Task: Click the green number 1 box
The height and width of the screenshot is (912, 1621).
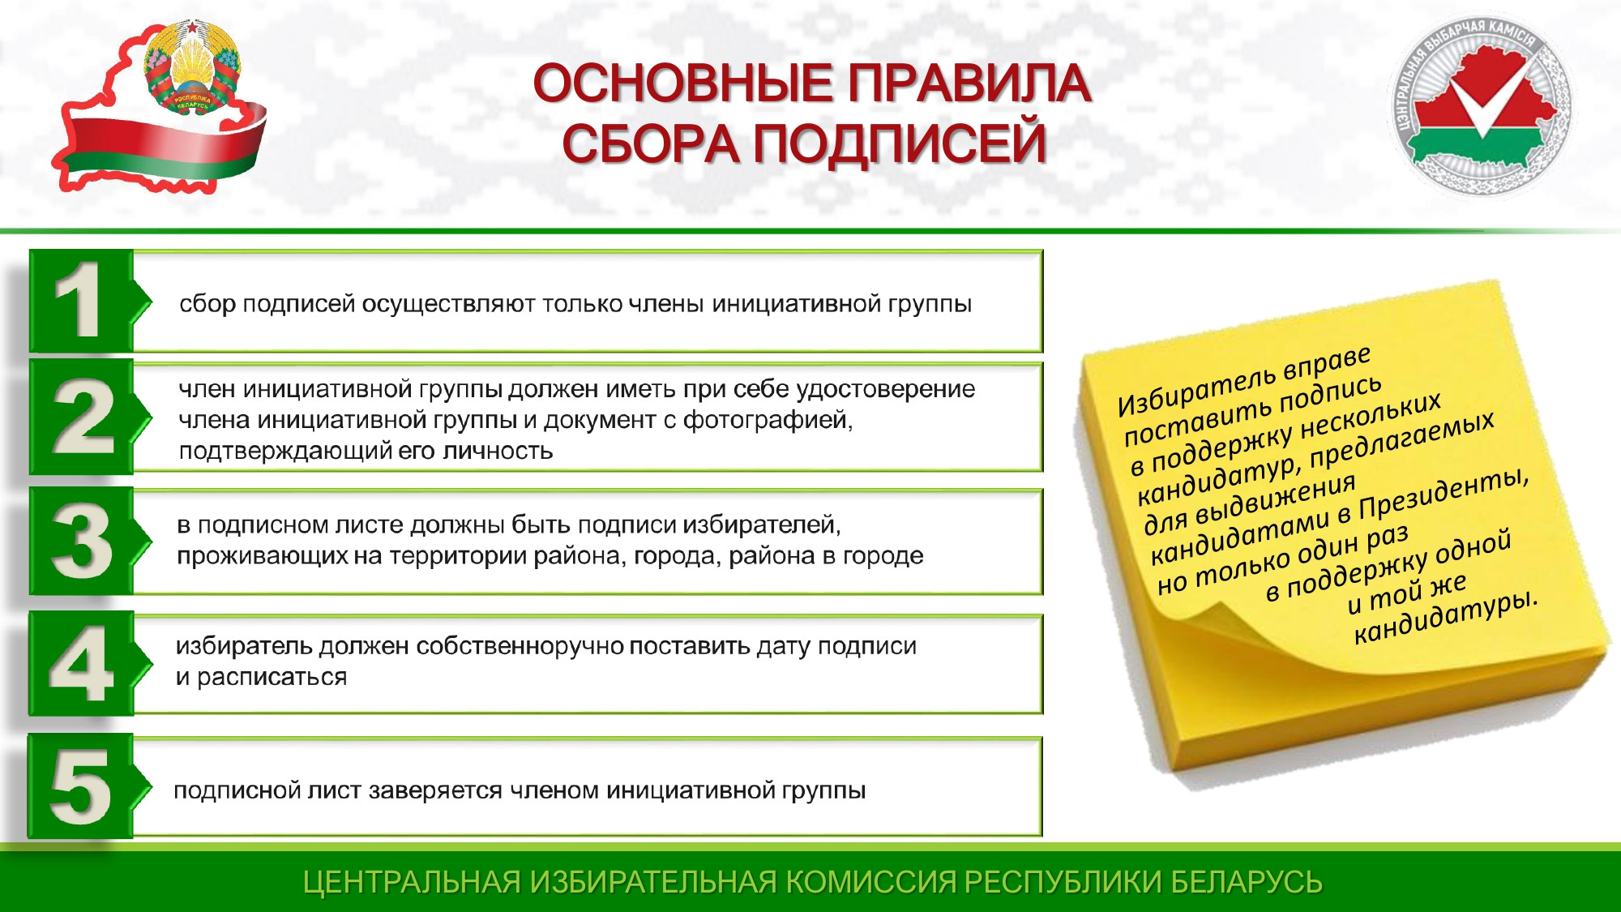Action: (82, 301)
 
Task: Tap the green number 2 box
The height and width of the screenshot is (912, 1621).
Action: (82, 417)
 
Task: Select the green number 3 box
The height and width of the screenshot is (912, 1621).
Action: (82, 541)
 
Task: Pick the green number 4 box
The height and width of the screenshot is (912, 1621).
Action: (82, 664)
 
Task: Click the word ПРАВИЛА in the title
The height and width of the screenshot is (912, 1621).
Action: (969, 83)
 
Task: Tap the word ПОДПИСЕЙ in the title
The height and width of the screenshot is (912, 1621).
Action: (900, 143)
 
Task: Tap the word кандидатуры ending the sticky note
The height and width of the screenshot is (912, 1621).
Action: (1445, 618)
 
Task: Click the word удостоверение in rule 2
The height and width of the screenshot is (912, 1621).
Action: (886, 390)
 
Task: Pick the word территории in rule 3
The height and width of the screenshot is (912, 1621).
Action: (456, 556)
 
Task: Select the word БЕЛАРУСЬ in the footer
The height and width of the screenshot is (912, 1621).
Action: (1247, 882)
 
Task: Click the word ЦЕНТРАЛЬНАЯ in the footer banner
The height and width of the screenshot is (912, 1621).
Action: (412, 882)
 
